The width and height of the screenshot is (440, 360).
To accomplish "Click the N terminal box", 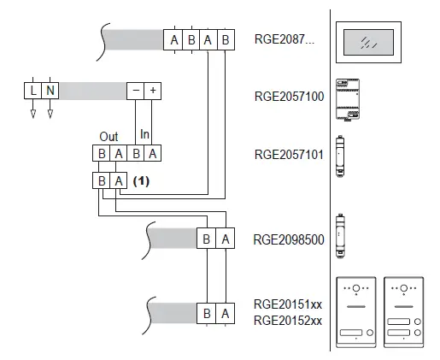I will click(x=50, y=90).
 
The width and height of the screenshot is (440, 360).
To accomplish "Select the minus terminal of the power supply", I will click(x=135, y=90).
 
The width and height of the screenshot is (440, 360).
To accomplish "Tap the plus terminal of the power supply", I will click(x=153, y=90).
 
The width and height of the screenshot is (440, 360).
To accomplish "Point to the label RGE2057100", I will click(x=290, y=97).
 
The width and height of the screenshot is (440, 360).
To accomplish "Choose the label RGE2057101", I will click(x=290, y=155).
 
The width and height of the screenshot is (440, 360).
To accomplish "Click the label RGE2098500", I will click(x=290, y=239).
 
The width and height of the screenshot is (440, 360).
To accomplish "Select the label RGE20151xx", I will click(x=288, y=304).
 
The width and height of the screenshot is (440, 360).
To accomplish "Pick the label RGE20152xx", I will click(x=288, y=321).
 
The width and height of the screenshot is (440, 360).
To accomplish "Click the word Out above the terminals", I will click(x=109, y=137).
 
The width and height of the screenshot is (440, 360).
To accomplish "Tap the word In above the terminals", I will click(x=144, y=135).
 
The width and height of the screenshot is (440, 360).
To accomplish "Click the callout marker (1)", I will click(x=142, y=180).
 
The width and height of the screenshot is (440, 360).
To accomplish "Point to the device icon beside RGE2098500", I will click(x=341, y=231).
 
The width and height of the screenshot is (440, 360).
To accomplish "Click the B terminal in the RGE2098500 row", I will click(x=207, y=239).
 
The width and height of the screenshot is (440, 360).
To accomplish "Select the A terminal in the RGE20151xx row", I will click(x=225, y=314).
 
